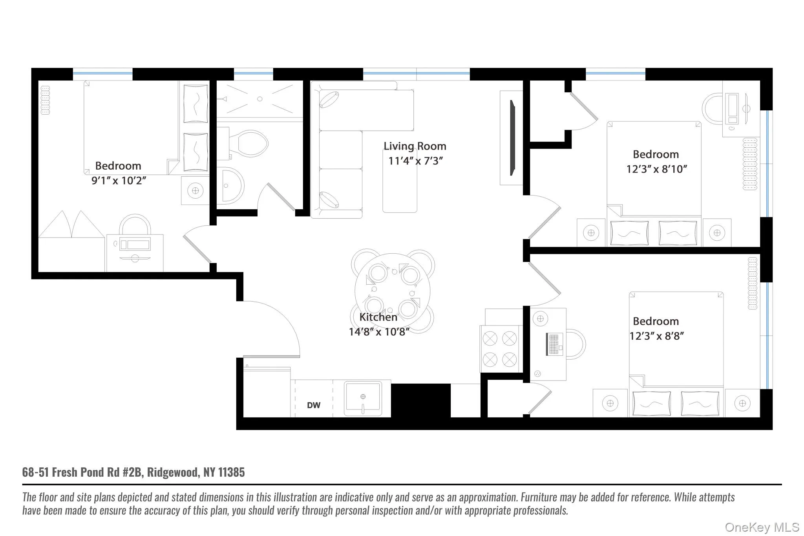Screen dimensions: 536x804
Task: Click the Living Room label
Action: tap(415, 146)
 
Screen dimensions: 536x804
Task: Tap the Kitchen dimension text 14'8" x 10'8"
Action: tap(379, 332)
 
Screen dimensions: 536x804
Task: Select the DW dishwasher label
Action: tap(313, 405)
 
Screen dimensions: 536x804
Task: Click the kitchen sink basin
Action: tap(363, 397)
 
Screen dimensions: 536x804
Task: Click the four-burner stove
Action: tap(500, 349)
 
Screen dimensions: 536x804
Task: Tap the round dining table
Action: tap(392, 291)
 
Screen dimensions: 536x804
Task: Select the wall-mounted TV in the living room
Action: tap(512, 138)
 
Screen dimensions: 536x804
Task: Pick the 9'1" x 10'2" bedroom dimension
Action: tap(119, 181)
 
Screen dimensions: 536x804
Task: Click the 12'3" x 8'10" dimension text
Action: tap(656, 169)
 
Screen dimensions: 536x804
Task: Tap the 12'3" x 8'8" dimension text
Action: tap(656, 336)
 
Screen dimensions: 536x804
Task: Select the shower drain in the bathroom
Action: tap(259, 99)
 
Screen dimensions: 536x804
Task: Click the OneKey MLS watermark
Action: tap(762, 527)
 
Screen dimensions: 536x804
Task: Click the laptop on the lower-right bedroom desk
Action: tap(554, 344)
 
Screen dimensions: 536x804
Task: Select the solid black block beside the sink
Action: tap(420, 401)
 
